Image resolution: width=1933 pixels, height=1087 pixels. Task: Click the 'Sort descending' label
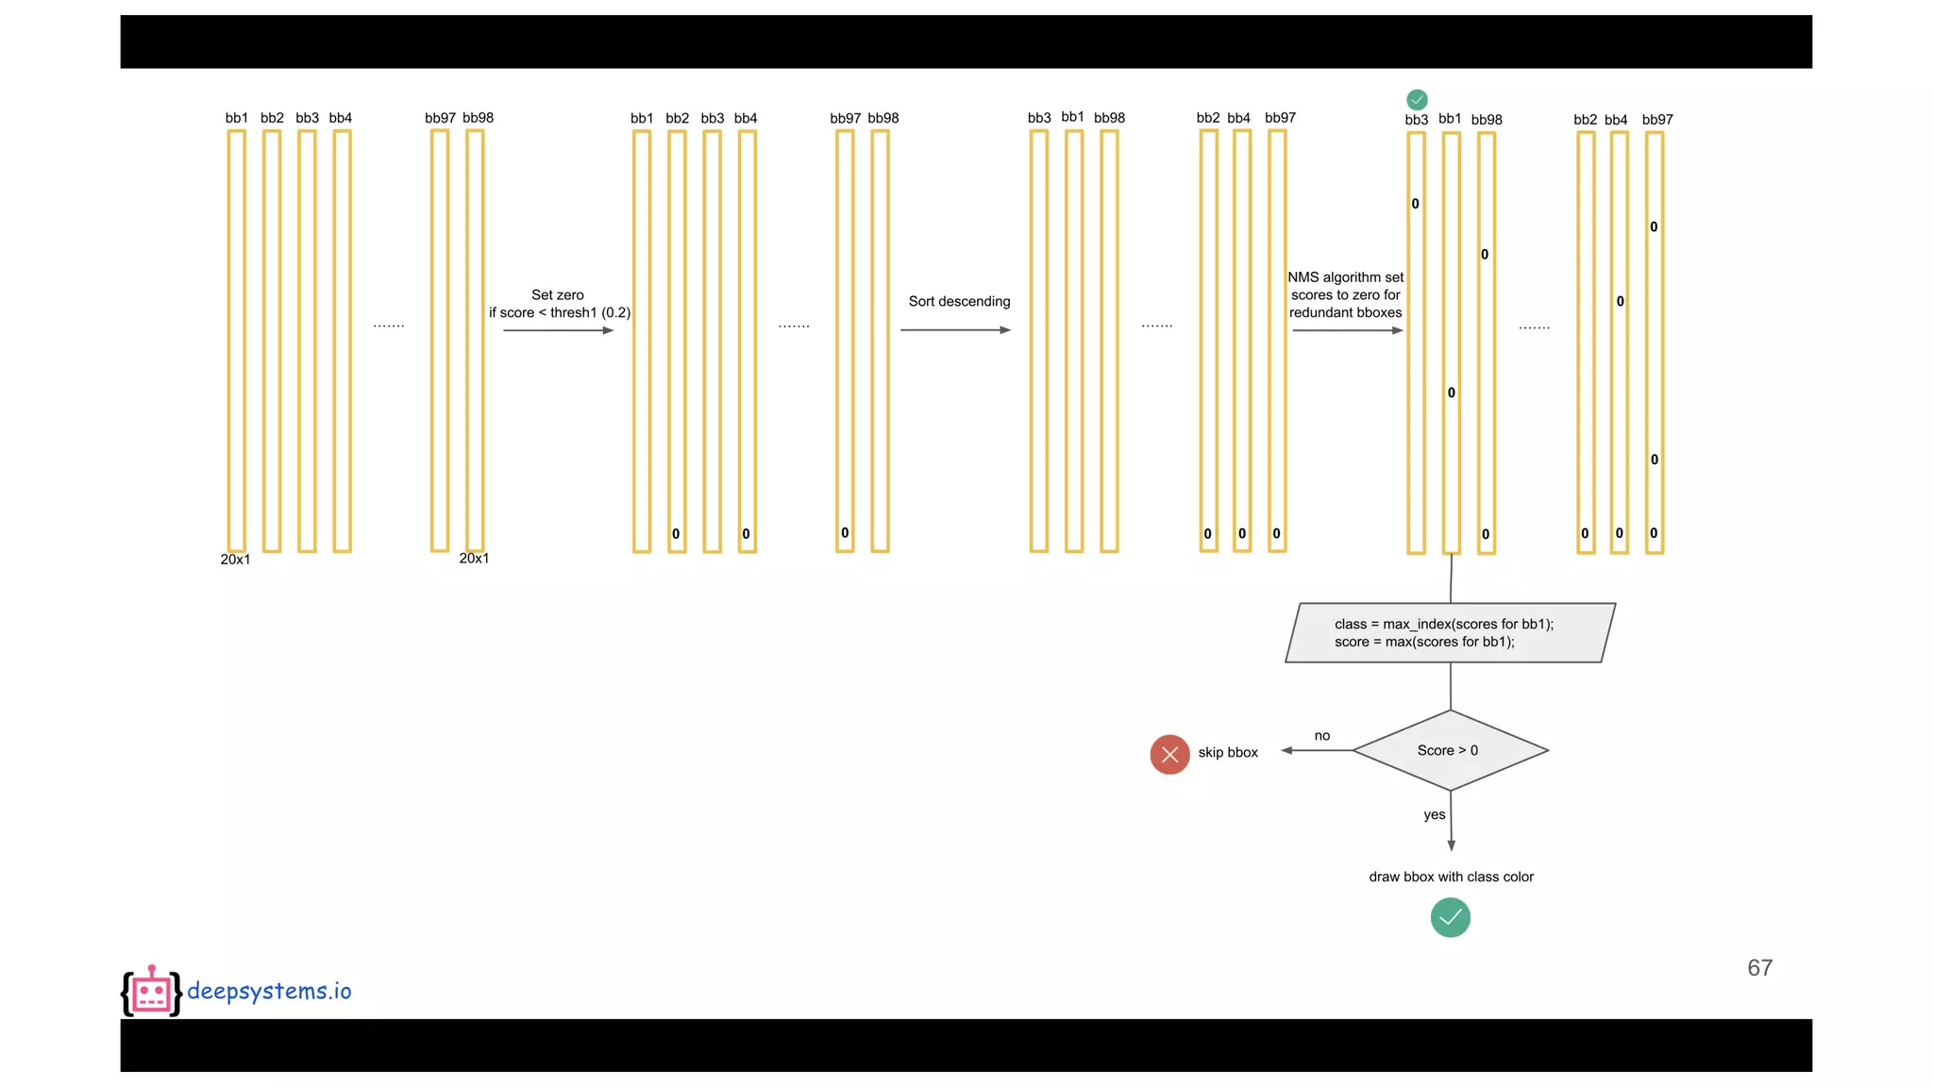(x=959, y=302)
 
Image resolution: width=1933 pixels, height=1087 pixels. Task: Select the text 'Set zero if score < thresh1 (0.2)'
(x=559, y=304)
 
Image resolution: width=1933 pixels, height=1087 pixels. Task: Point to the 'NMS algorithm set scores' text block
(x=1345, y=294)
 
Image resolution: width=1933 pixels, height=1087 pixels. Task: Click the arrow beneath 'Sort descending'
(x=955, y=330)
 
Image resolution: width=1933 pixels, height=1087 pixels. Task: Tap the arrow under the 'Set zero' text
(x=558, y=330)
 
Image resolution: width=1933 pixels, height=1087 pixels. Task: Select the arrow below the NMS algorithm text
(x=1347, y=330)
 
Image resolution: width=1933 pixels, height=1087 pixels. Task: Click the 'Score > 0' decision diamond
(x=1450, y=750)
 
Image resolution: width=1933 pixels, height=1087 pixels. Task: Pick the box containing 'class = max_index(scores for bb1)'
(x=1450, y=633)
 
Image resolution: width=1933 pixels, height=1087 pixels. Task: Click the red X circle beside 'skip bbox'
(x=1169, y=754)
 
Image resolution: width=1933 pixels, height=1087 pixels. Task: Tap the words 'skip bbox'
(x=1228, y=753)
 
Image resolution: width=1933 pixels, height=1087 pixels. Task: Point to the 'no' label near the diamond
(x=1322, y=736)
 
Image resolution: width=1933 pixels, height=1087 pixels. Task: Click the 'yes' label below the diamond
(x=1434, y=815)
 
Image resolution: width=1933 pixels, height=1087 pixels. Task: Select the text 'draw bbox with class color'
(x=1451, y=878)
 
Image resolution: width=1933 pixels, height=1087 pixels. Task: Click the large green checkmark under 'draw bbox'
(x=1450, y=917)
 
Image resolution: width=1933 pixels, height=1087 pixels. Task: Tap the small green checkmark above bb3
(x=1417, y=99)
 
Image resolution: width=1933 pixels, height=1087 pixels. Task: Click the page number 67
(x=1759, y=968)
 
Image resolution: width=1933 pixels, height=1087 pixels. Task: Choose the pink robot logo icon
(x=151, y=991)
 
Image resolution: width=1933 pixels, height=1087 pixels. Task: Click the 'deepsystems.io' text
(x=269, y=991)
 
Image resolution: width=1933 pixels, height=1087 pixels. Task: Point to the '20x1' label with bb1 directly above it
(x=235, y=560)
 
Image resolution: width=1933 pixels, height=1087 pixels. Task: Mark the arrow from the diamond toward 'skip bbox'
(x=1317, y=751)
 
